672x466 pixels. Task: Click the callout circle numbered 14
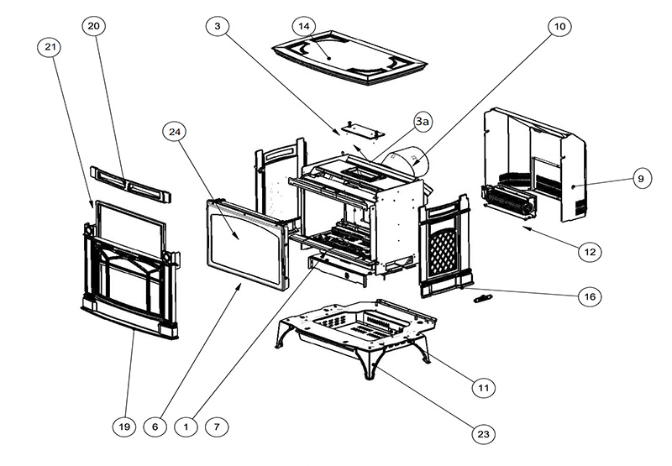(304, 27)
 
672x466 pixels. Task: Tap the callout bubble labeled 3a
(423, 123)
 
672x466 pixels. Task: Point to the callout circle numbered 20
(93, 27)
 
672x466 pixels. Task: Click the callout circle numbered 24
(175, 133)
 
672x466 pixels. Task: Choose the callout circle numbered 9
(639, 178)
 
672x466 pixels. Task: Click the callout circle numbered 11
(481, 388)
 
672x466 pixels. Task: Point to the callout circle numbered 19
(123, 427)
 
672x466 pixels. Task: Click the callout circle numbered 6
(155, 427)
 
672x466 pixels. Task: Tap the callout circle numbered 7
(217, 427)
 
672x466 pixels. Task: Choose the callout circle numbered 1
(186, 427)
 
